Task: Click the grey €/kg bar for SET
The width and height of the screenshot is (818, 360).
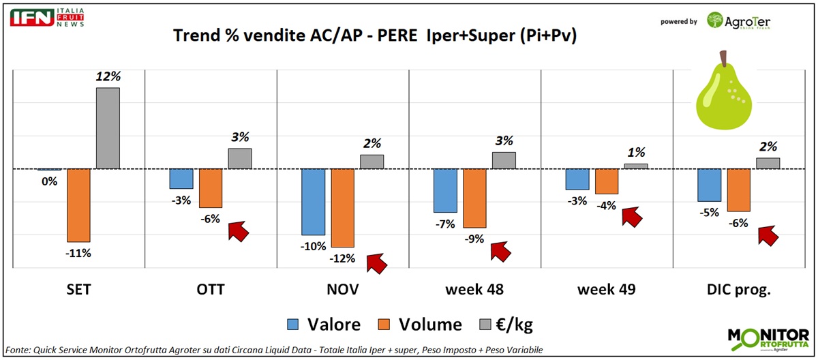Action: point(108,128)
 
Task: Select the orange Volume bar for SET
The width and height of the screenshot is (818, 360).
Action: point(78,205)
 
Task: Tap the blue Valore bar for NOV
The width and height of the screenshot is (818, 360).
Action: point(314,202)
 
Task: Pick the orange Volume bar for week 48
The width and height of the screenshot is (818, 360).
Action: point(474,198)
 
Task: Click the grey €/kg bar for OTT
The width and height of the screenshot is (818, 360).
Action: point(240,158)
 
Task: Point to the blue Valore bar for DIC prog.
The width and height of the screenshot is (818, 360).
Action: point(709,185)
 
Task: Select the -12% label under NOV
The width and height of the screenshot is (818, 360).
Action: point(342,258)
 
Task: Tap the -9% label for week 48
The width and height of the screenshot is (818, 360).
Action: point(474,239)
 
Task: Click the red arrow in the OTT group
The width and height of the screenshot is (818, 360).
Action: point(238,230)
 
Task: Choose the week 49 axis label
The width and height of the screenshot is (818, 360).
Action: point(607,290)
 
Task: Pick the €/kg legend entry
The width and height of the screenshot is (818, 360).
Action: point(505,325)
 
